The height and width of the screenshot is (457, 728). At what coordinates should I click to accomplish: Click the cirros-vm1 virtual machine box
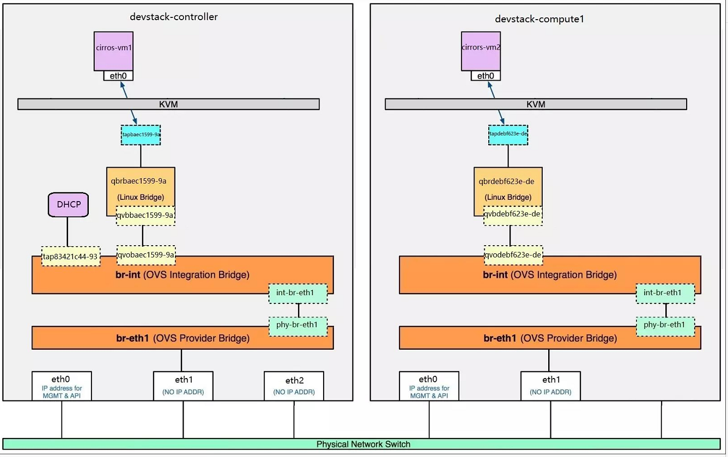tap(113, 51)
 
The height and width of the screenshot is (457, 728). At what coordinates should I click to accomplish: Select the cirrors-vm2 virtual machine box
tap(481, 51)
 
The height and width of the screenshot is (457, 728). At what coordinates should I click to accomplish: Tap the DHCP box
tap(68, 205)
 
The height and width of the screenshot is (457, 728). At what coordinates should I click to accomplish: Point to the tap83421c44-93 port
tap(71, 256)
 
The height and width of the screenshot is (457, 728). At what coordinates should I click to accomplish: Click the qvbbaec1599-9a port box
tap(145, 216)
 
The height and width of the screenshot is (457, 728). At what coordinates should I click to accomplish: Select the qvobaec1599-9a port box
tap(146, 254)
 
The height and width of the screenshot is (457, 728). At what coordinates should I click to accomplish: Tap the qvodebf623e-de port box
tap(513, 254)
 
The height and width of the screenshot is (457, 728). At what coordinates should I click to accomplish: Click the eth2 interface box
tap(294, 386)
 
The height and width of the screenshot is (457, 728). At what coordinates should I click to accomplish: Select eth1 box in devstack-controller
tap(183, 386)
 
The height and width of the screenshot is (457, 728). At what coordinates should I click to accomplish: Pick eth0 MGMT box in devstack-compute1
tap(429, 386)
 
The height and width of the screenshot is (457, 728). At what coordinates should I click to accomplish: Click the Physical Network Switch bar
tap(363, 444)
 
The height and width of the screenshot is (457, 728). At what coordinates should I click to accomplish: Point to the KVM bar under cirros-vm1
tap(168, 104)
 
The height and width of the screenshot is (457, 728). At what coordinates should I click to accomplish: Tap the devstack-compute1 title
tap(532, 19)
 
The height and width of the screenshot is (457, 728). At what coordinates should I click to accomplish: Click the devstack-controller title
tap(173, 16)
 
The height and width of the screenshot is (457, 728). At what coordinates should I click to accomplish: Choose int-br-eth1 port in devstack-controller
tap(298, 294)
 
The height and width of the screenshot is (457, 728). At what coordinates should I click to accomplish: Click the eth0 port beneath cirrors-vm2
tap(485, 76)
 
